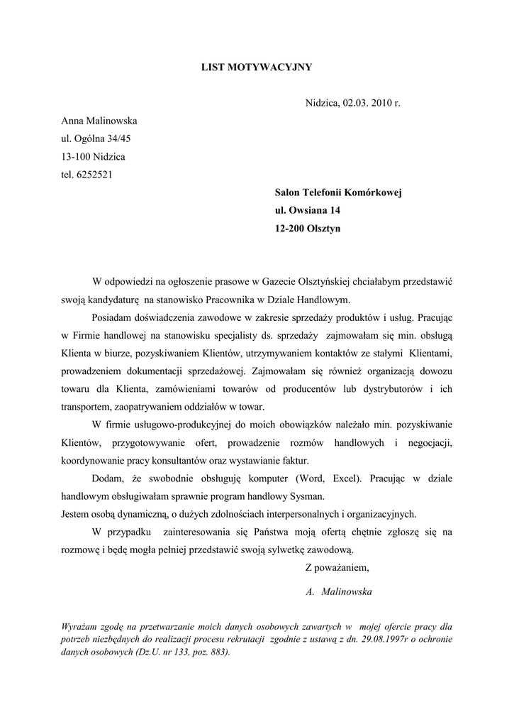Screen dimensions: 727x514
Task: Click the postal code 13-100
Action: click(x=76, y=156)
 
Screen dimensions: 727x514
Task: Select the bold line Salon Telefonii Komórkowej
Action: click(x=338, y=192)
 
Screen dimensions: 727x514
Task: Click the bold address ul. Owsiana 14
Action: click(x=307, y=210)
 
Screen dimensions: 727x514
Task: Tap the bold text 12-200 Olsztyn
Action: click(x=307, y=229)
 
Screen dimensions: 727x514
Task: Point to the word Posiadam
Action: click(x=112, y=317)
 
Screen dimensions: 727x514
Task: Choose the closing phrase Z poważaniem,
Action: click(x=337, y=567)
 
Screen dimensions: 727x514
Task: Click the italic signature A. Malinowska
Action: click(x=340, y=591)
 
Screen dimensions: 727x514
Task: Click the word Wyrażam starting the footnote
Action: click(x=82, y=627)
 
